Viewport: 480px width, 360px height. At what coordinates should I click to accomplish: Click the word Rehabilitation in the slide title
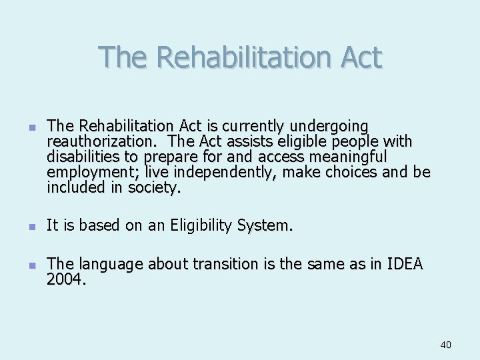[x=242, y=57]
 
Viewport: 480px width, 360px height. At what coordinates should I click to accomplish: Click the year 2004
[x=65, y=280]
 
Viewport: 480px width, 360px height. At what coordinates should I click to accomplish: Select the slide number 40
[x=445, y=345]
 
